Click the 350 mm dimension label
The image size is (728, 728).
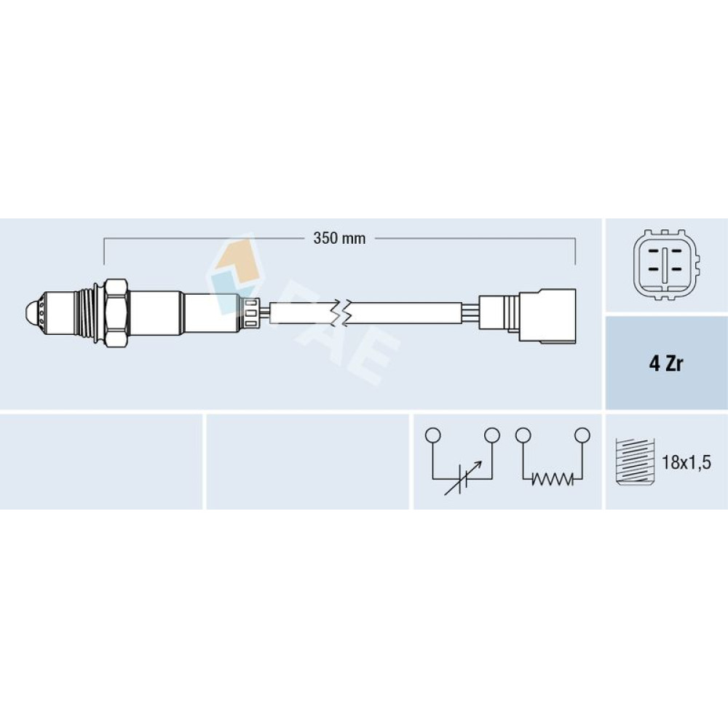pos(339,239)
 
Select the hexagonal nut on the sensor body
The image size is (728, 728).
pos(116,313)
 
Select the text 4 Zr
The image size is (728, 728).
pos(666,363)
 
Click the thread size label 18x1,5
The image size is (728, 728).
pos(686,462)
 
